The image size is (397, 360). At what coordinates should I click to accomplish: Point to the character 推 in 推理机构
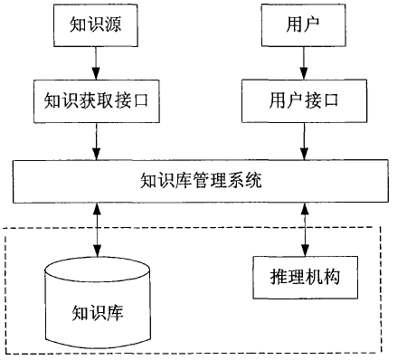[274, 271]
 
